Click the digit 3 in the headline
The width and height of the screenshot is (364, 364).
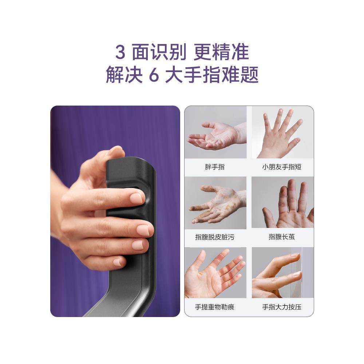click(120, 53)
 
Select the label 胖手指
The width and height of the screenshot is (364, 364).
click(215, 167)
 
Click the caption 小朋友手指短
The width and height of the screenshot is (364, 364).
click(282, 167)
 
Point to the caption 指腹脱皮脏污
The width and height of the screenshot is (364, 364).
click(215, 237)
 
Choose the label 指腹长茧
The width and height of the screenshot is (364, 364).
click(282, 237)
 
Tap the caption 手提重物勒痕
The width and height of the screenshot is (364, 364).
click(215, 307)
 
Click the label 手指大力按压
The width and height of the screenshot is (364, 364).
click(282, 307)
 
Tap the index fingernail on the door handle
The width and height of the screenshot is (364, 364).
click(136, 198)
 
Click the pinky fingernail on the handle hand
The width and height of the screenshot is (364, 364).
click(119, 262)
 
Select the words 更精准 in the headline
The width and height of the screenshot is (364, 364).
click(221, 53)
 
